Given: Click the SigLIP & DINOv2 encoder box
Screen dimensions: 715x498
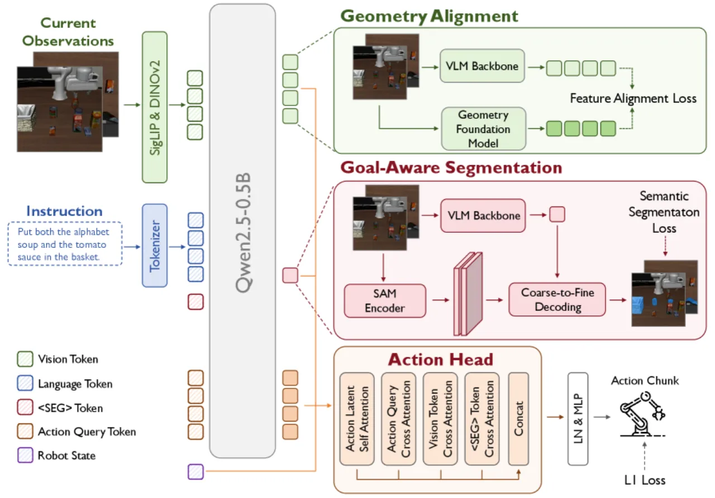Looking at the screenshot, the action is pyautogui.click(x=155, y=107).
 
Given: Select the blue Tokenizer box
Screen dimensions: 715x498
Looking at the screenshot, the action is pyautogui.click(x=155, y=245).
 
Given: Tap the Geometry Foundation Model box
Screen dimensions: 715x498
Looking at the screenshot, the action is pyautogui.click(x=483, y=128).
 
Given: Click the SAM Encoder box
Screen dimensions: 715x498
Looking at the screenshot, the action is pyautogui.click(x=385, y=300).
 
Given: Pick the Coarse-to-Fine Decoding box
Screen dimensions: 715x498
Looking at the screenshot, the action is pyautogui.click(x=557, y=299).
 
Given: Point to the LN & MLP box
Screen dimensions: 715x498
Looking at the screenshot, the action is pyautogui.click(x=578, y=419).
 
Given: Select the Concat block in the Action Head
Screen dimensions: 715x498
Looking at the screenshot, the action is pyautogui.click(x=518, y=419).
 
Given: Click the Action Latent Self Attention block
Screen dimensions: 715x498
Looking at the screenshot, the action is pyautogui.click(x=357, y=419).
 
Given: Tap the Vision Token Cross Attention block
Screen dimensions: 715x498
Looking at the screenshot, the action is pyautogui.click(x=440, y=419).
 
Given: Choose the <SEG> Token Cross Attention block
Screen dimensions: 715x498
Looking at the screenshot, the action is pyautogui.click(x=482, y=419).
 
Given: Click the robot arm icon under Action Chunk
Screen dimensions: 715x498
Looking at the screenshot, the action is pyautogui.click(x=642, y=414).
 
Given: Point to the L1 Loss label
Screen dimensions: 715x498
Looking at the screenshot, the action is pyautogui.click(x=645, y=480).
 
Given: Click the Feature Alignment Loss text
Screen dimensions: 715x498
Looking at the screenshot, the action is pyautogui.click(x=633, y=98).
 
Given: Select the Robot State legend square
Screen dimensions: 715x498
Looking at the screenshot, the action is pyautogui.click(x=25, y=455).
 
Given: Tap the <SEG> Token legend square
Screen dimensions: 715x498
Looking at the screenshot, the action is pyautogui.click(x=25, y=408).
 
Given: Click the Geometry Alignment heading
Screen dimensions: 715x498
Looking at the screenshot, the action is pyautogui.click(x=430, y=16).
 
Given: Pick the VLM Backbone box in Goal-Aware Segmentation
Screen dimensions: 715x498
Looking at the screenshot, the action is pyautogui.click(x=483, y=216).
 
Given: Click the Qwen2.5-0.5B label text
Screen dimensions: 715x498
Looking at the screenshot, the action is pyautogui.click(x=243, y=233).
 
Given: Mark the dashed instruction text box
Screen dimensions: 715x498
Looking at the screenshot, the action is pyautogui.click(x=65, y=244).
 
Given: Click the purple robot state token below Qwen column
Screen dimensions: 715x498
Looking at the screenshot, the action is pyautogui.click(x=196, y=472).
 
